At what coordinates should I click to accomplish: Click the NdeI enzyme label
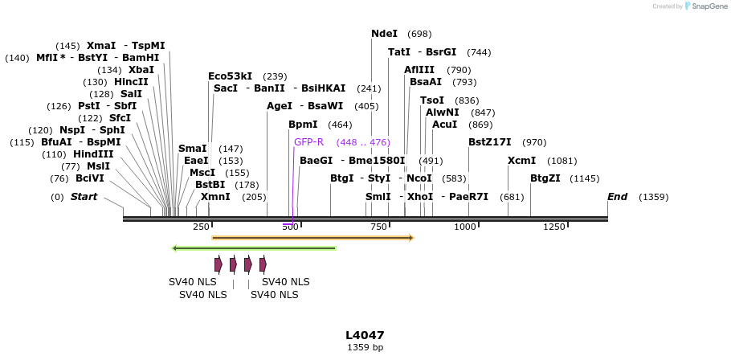point(384,34)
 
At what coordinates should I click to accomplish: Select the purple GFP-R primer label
point(308,142)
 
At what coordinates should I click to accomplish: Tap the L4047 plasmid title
point(365,335)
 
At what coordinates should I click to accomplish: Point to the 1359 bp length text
point(365,348)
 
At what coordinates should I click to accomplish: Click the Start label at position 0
point(84,197)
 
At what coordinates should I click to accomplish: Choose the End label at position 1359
point(617,197)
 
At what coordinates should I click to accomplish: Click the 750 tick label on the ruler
point(378,227)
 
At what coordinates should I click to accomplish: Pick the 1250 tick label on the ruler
point(554,227)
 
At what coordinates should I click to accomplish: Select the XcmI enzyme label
point(521,161)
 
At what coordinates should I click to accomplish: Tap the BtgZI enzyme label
point(545,178)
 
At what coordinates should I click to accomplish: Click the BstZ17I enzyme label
point(489,142)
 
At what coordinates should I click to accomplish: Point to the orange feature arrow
point(312,238)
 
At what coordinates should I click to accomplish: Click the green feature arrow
point(254,248)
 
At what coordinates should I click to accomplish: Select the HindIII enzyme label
point(94,154)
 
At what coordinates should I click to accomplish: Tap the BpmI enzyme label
point(303,125)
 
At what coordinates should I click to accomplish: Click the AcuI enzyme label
point(444,125)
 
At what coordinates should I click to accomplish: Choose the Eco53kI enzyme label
point(230,76)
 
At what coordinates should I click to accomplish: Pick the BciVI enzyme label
point(90,178)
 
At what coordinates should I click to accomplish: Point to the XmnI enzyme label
point(215,197)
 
